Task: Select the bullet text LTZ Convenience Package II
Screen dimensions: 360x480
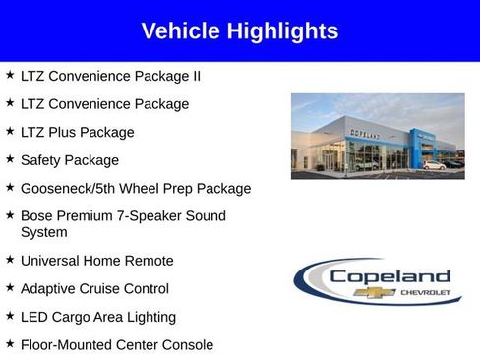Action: point(110,75)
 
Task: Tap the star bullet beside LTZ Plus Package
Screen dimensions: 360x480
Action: point(10,131)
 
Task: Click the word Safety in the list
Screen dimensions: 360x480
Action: point(42,159)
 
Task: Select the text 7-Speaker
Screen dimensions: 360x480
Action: point(151,215)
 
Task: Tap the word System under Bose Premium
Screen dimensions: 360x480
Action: point(43,232)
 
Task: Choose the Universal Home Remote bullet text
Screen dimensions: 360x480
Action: point(96,261)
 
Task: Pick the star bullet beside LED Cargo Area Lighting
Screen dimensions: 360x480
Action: point(10,316)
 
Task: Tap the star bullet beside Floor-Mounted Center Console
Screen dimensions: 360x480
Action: point(10,343)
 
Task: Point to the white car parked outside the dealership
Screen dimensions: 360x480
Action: point(434,166)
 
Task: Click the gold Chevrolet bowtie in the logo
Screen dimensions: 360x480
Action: point(380,292)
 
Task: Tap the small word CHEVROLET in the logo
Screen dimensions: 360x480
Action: point(425,292)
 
